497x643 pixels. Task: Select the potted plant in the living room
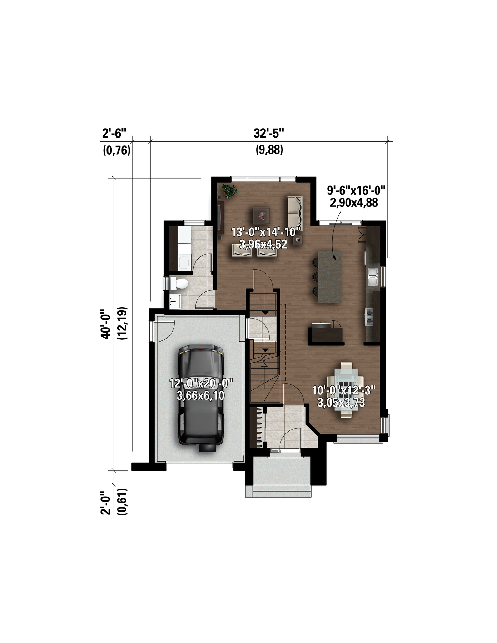click(229, 191)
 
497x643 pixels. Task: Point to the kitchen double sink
click(373, 277)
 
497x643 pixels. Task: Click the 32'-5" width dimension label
click(269, 134)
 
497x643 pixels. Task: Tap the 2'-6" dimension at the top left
click(114, 134)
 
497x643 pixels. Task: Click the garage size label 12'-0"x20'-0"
click(201, 384)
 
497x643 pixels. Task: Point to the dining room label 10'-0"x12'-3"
click(344, 390)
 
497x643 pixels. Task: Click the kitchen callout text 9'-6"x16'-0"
click(356, 190)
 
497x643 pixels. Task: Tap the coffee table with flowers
click(261, 216)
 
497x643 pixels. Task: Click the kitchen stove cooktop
click(369, 316)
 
